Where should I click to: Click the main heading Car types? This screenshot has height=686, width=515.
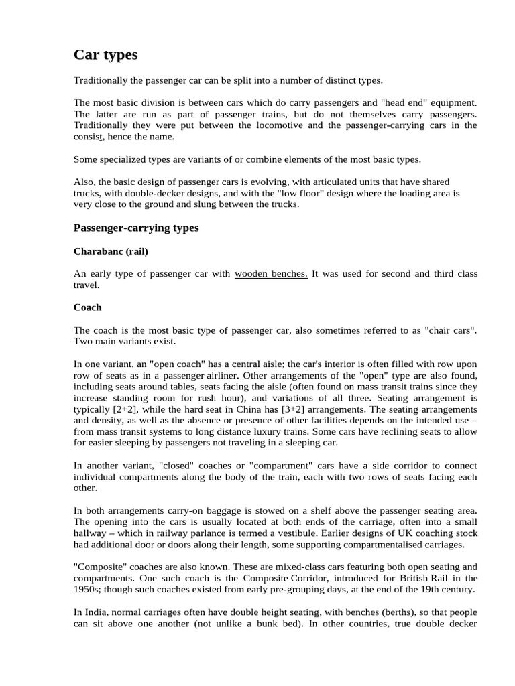tap(105, 54)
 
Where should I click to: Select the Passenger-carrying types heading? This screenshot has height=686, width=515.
tap(136, 228)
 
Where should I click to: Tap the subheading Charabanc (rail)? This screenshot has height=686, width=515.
tap(111, 251)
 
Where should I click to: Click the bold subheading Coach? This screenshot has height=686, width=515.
tap(88, 307)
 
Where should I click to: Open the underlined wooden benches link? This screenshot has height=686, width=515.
tap(271, 273)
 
